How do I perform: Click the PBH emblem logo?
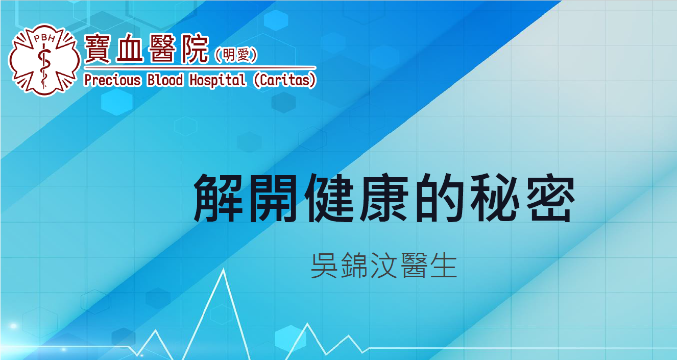click(x=44, y=60)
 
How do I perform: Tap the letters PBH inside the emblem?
click(x=44, y=38)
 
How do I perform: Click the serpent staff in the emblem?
click(x=44, y=66)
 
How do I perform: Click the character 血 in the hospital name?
click(x=129, y=49)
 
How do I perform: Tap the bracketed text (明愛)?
click(x=236, y=55)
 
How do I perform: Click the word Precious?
click(x=112, y=80)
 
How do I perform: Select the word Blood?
click(x=165, y=80)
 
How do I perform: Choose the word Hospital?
click(x=217, y=80)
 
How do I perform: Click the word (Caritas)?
click(x=285, y=80)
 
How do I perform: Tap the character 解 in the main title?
click(x=218, y=198)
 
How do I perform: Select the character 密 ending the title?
click(x=550, y=198)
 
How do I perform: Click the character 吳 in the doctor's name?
click(x=324, y=266)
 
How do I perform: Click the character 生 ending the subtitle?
click(x=444, y=266)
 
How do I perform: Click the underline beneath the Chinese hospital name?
click(x=200, y=68)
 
